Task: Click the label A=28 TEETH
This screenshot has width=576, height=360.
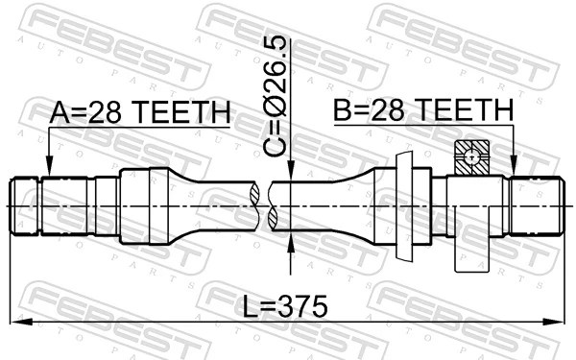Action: tap(139, 112)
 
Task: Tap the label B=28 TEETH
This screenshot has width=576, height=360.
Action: tap(422, 112)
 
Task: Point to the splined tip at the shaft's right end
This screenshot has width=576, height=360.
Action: tap(538, 205)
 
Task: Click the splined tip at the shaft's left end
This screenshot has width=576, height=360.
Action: tap(27, 205)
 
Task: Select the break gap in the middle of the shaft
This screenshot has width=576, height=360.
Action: tap(265, 205)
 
